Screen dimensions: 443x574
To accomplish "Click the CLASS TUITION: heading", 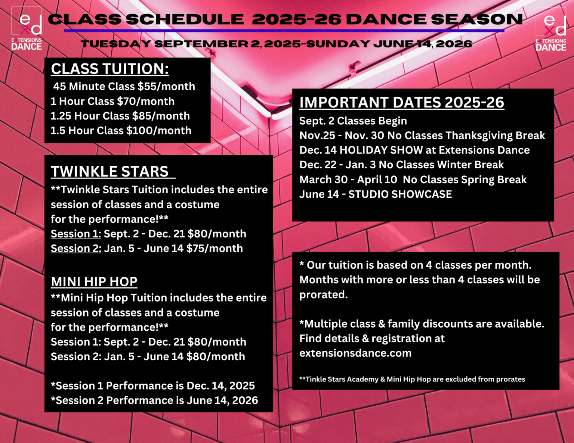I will [110, 69].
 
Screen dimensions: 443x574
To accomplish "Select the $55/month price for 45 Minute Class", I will [166, 87].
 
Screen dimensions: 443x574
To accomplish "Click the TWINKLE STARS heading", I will [110, 172].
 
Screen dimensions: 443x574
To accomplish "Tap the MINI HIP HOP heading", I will [94, 282].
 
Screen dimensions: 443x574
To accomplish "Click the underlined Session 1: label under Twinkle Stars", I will [76, 234].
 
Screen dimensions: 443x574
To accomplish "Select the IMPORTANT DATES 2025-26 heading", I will [402, 103].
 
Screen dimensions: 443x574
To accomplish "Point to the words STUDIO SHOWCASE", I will [400, 194].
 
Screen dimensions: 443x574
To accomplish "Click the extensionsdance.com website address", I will [355, 353].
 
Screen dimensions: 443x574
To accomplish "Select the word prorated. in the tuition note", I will [324, 295].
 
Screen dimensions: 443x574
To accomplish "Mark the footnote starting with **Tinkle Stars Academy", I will [412, 380].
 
